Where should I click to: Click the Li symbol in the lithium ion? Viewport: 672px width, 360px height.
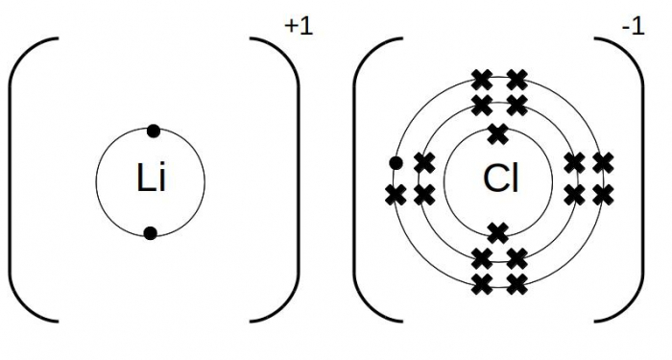point(151,180)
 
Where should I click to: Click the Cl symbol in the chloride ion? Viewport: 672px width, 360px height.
point(500,180)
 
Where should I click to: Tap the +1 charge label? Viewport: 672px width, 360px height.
point(299,27)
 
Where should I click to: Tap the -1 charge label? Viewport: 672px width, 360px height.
point(632,27)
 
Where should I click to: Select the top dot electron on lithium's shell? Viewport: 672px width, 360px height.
point(151,130)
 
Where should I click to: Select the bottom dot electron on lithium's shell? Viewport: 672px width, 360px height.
point(151,232)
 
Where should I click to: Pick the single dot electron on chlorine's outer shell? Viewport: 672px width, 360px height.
point(395,163)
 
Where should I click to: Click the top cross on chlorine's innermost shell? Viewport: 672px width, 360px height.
point(497,132)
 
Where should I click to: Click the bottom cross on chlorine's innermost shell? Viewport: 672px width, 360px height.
point(497,231)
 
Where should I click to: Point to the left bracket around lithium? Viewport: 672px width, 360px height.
point(19,180)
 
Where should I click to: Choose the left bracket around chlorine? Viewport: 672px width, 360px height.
point(367,180)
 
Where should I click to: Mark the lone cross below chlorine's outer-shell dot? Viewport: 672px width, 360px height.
point(395,195)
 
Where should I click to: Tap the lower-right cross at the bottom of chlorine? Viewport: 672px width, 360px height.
point(517,283)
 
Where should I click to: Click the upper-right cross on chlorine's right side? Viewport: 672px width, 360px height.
point(603,163)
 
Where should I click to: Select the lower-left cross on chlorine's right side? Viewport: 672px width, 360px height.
point(574,195)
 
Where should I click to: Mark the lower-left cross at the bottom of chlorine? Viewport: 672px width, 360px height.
point(482,283)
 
